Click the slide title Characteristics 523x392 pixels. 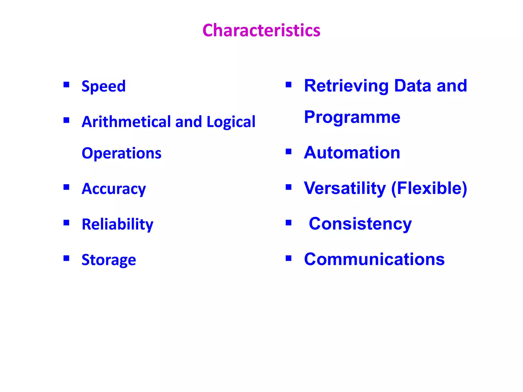coord(261,30)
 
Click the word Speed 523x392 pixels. coord(103,86)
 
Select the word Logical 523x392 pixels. coord(231,122)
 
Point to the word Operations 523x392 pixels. coord(122,153)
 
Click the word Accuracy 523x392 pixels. coord(114,189)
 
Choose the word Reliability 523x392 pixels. coord(117,224)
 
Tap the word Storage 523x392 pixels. coord(109,260)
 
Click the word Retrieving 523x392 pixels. coord(346,86)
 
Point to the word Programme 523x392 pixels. coord(352,117)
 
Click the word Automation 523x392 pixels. coord(352,153)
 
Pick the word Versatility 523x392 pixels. coord(345,188)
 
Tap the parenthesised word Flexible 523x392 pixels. coord(429,188)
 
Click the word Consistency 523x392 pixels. coord(360,224)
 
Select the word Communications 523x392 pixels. coord(374,259)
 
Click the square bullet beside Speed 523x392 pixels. coord(66,84)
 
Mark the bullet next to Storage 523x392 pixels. coord(66,258)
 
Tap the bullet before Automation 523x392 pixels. coord(289,152)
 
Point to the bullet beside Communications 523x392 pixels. coord(289,258)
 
